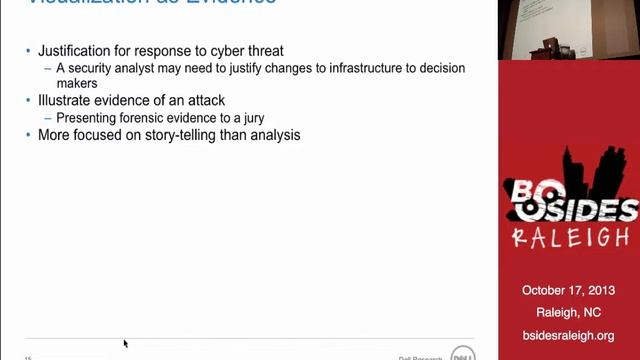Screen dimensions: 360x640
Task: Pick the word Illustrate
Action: click(65, 100)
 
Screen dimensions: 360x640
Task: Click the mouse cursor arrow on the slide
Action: click(125, 343)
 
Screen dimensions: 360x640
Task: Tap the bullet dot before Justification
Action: click(28, 52)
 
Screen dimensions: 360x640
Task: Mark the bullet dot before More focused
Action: click(28, 135)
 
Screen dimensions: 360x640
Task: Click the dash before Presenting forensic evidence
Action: click(48, 117)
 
